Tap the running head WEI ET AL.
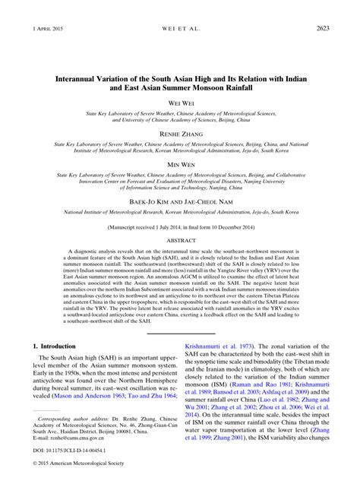pyautogui.click(x=180, y=29)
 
